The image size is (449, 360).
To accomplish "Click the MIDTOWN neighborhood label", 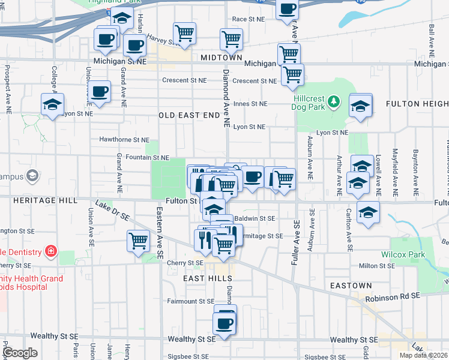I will pos(221,57).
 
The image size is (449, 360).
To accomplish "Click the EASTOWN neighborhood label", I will pos(350,286).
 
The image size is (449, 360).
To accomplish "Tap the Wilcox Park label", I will pos(403,254).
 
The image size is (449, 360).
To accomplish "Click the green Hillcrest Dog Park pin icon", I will pos(335,104).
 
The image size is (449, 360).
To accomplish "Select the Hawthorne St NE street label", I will pos(124,140).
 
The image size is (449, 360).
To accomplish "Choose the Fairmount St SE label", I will pos(190,301).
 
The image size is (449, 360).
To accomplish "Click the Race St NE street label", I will pos(248,19).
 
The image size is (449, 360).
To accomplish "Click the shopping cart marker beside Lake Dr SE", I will pos(139,241).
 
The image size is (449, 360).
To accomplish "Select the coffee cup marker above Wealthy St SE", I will pos(225,323).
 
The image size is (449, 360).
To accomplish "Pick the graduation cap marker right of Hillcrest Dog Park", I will pos(361,106).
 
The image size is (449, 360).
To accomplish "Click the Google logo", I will pos(20,353).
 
